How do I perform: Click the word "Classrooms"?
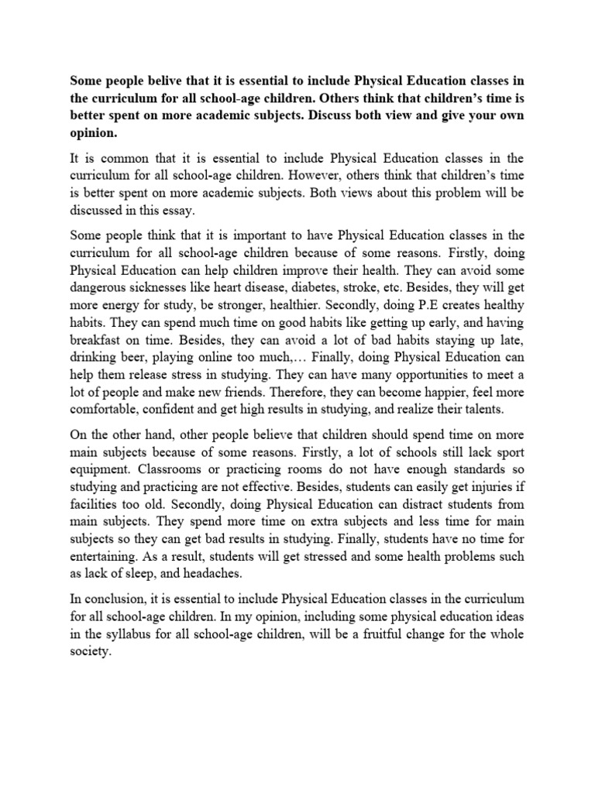(177, 469)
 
